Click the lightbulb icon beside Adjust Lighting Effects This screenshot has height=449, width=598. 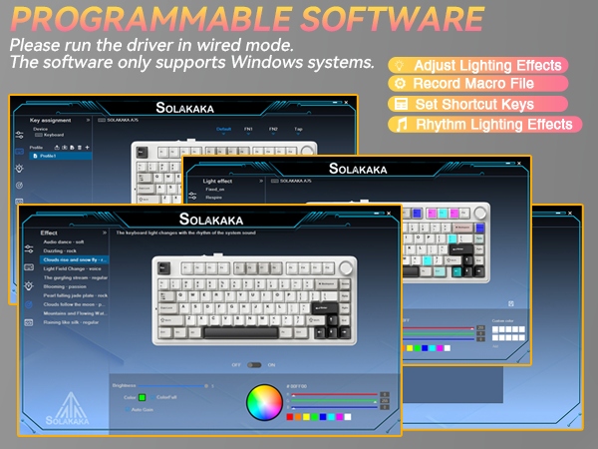pyautogui.click(x=401, y=65)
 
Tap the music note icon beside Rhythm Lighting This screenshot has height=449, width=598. pyautogui.click(x=401, y=125)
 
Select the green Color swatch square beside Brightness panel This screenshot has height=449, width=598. pyautogui.click(x=143, y=397)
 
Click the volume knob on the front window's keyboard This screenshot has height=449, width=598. pyautogui.click(x=345, y=268)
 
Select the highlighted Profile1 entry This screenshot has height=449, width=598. pyautogui.click(x=50, y=155)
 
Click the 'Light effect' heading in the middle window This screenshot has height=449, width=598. pyautogui.click(x=217, y=182)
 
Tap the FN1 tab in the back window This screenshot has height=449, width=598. pyautogui.click(x=249, y=130)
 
